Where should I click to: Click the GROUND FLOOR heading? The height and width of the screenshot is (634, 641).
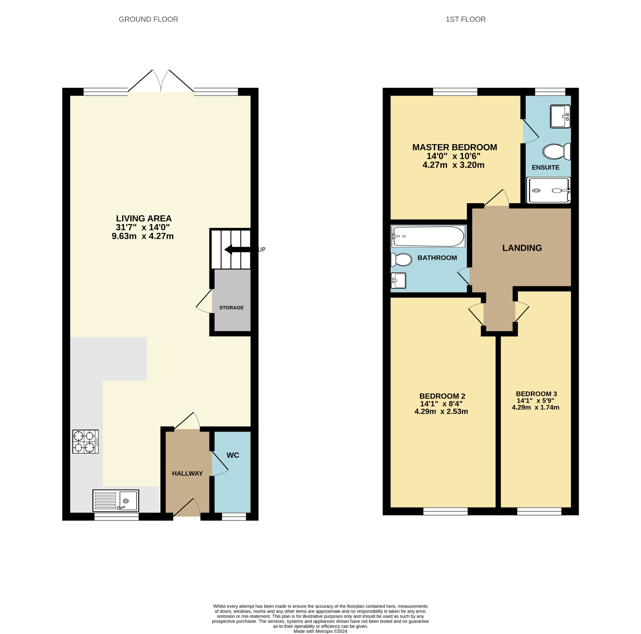(x=148, y=19)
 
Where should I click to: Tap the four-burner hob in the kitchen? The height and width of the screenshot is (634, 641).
(x=85, y=441)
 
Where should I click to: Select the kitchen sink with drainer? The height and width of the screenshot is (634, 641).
(x=115, y=501)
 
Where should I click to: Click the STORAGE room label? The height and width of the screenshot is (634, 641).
(x=231, y=308)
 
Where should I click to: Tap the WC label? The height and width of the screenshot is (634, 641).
(x=233, y=455)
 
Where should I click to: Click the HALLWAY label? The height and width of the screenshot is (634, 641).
(x=187, y=473)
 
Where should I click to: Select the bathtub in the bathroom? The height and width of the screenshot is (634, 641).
(x=428, y=236)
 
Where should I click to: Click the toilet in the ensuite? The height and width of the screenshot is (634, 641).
(x=556, y=152)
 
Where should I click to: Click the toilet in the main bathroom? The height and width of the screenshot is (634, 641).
(x=401, y=260)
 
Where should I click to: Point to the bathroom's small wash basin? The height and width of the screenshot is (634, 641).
(x=398, y=281)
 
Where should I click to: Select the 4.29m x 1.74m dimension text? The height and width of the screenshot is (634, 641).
(x=535, y=407)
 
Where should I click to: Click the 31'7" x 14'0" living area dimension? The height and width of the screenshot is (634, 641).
(x=143, y=227)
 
